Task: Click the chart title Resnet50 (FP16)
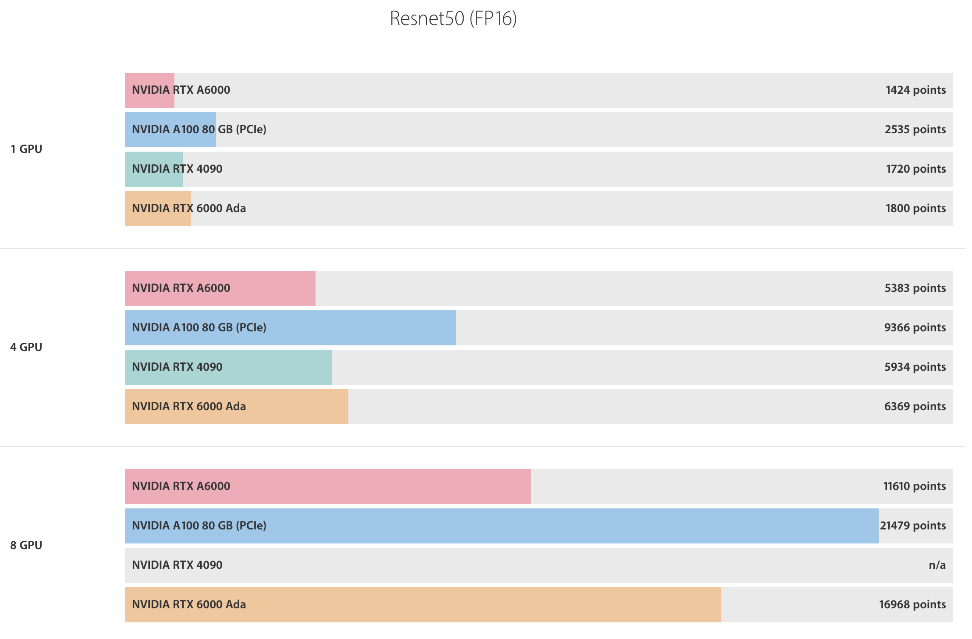pos(453,18)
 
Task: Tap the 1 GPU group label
pos(26,149)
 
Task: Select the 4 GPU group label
pos(26,347)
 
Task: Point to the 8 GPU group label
pos(26,545)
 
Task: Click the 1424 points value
pos(915,90)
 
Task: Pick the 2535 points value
pos(915,129)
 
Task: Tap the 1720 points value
pos(916,169)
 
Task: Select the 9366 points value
pos(915,327)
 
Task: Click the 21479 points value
pos(913,525)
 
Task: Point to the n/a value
pos(937,565)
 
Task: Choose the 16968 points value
pos(912,604)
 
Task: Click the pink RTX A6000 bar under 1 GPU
pos(149,90)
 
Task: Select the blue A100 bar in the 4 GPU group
pos(291,328)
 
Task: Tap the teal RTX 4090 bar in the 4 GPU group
pos(228,367)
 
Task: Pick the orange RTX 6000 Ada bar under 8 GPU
pos(423,605)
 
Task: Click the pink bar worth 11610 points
pos(328,486)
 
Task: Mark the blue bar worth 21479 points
pos(502,526)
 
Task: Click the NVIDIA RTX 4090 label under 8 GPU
pos(177,565)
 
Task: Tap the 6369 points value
pos(915,406)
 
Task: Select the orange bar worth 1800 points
pos(158,209)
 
